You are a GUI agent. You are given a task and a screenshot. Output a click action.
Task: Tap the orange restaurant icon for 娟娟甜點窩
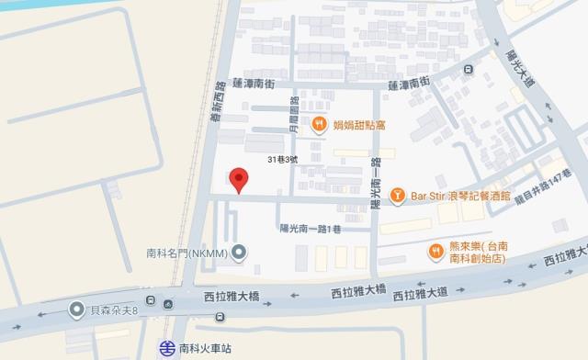point(319,126)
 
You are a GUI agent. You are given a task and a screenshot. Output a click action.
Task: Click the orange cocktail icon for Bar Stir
point(397,195)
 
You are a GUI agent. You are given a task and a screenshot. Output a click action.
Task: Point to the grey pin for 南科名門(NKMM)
point(238,251)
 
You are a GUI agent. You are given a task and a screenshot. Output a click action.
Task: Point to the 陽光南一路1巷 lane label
point(308,230)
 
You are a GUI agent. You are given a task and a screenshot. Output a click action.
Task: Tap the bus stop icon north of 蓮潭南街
point(468,70)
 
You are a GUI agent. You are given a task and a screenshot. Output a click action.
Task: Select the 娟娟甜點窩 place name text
point(359,126)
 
